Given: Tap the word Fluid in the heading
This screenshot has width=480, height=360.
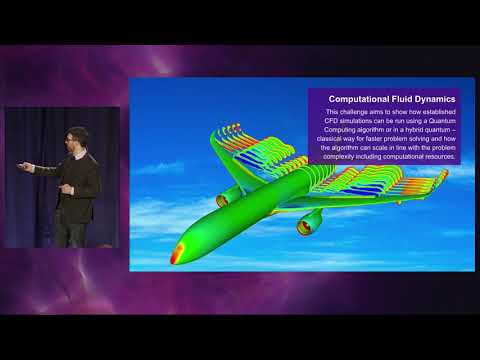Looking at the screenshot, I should pos(398,100).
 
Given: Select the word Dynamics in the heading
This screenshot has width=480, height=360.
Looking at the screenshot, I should pos(433,100).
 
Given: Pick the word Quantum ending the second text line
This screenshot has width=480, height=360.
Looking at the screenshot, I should pos(440,126).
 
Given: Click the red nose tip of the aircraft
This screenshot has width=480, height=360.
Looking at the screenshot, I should pos(178,254).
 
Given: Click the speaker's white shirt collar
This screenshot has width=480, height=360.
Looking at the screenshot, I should pos(79,154).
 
